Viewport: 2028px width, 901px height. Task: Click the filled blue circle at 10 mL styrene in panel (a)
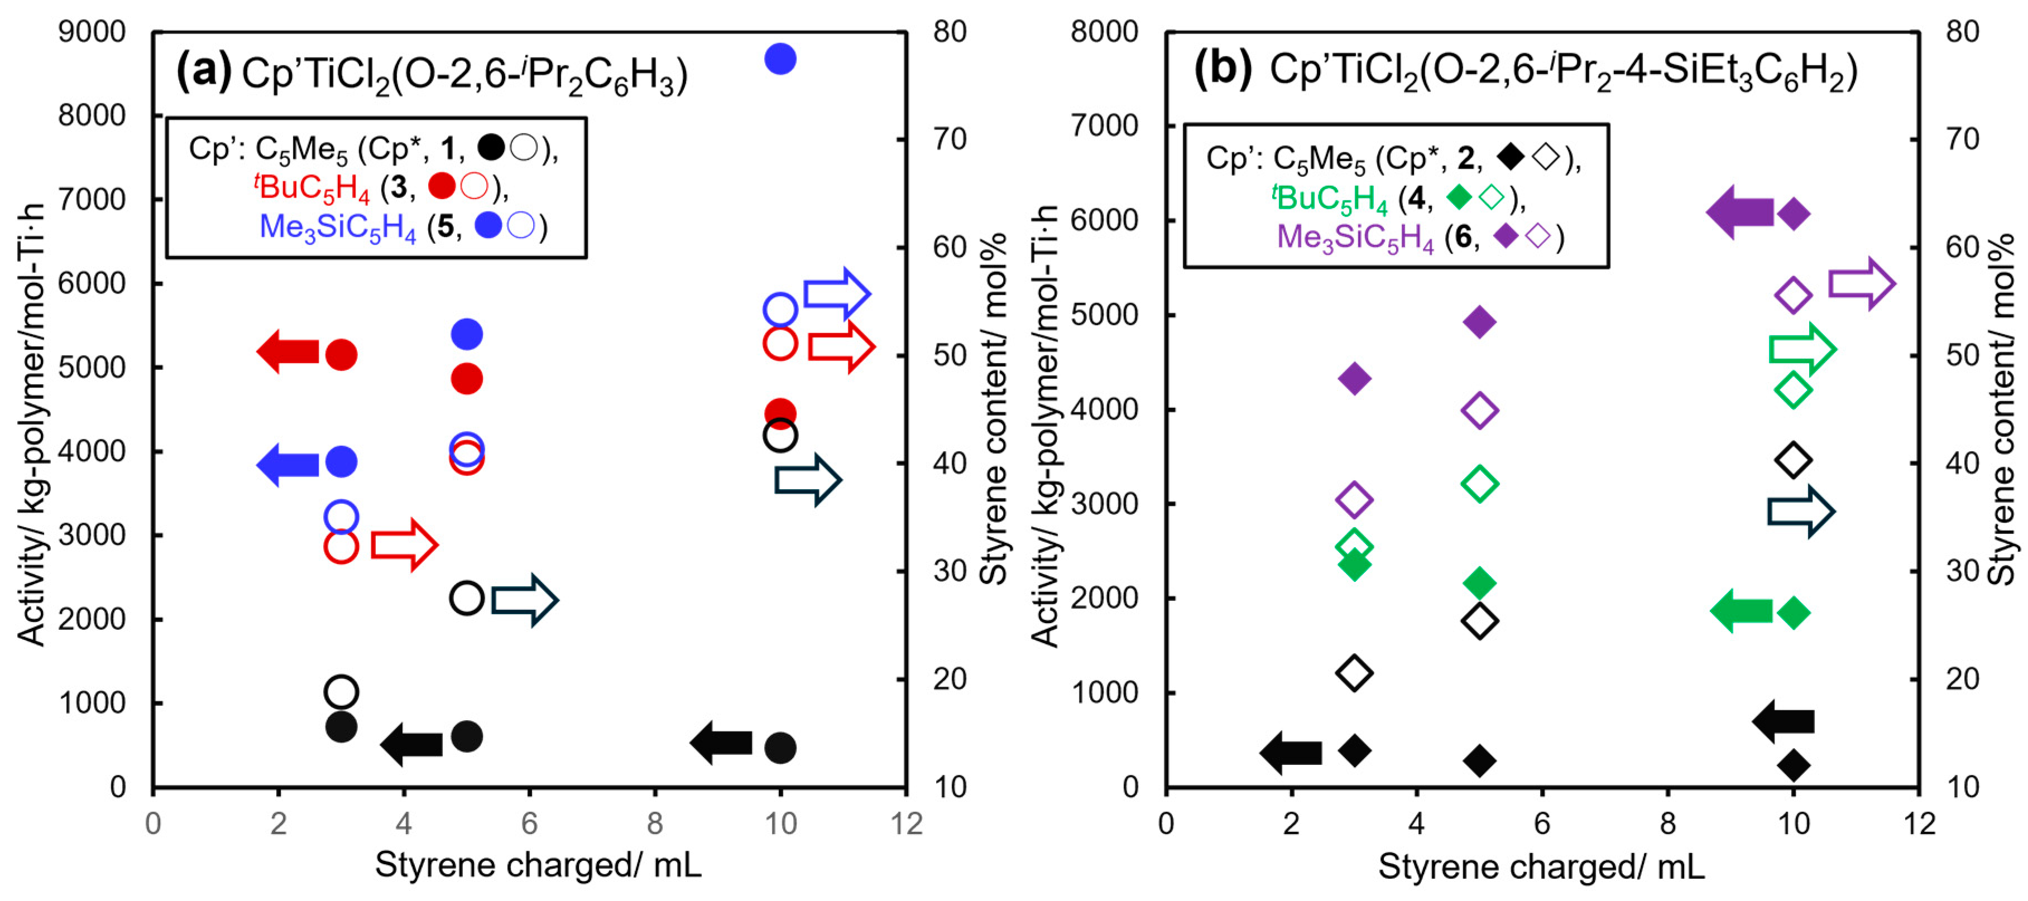coord(780,59)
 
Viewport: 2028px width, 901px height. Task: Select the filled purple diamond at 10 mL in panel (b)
coord(1794,213)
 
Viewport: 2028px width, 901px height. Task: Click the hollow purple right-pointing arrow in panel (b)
coord(1861,283)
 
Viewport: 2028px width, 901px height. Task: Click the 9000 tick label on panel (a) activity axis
coord(92,32)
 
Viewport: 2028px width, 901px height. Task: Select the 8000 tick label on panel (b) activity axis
coord(1104,32)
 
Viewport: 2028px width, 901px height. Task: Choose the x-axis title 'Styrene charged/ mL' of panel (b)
coord(1541,866)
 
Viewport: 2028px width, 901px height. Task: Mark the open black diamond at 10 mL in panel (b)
coord(1794,460)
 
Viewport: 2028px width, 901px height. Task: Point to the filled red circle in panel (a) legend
coord(442,186)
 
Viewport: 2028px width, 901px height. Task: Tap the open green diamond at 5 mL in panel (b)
coord(1479,484)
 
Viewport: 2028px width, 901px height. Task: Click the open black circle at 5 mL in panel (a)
coord(466,598)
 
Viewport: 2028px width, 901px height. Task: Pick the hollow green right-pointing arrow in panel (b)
coord(1801,349)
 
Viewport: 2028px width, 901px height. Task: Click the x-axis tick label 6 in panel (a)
coord(529,824)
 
